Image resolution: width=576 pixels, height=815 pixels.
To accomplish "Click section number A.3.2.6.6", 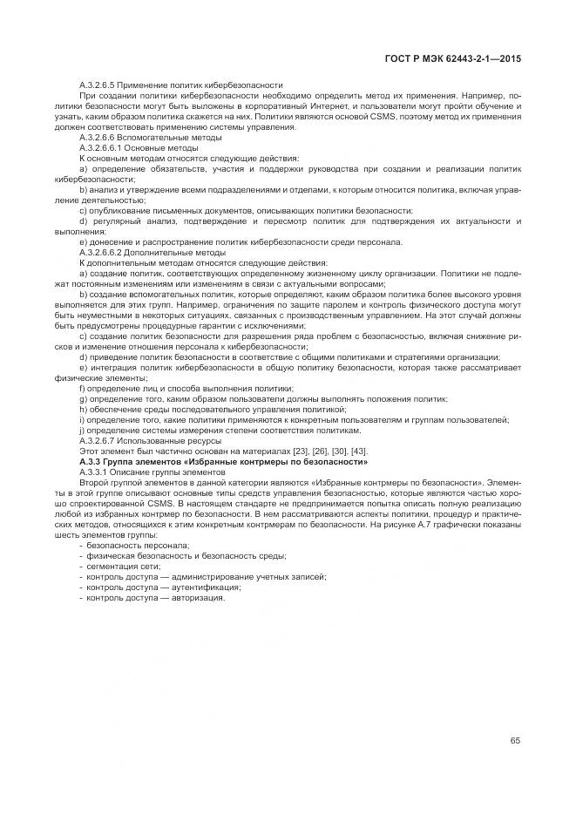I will click(98, 139).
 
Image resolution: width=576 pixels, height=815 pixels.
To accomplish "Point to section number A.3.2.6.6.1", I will click(101, 148).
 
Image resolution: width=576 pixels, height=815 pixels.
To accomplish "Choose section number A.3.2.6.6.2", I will click(101, 253).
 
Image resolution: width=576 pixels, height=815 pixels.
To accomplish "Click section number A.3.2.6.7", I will click(98, 440).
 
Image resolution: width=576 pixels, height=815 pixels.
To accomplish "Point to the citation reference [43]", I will click(357, 451).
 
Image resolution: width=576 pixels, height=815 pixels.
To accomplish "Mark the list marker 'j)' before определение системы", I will click(83, 431).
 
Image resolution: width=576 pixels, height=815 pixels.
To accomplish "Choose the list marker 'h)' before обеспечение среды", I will click(83, 410).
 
